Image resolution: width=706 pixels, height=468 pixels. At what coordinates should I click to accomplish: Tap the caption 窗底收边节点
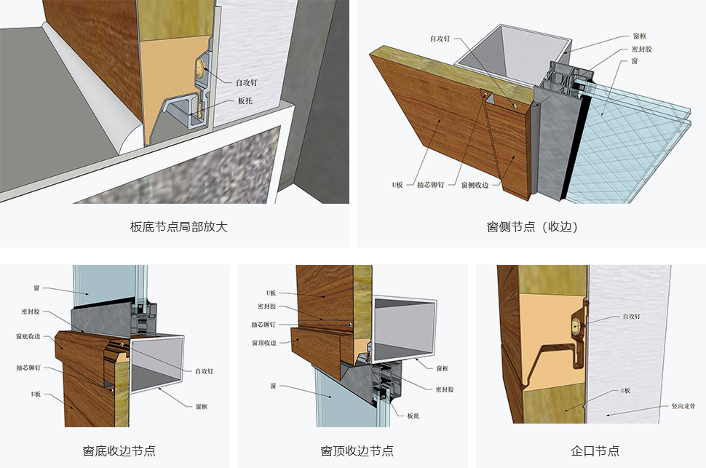coord(119,451)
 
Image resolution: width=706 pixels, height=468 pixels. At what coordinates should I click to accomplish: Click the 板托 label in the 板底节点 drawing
coord(245,101)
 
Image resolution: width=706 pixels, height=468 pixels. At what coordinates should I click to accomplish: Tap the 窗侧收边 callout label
coord(474,185)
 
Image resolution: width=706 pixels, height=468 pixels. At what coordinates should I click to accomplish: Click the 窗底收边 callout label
coord(28,336)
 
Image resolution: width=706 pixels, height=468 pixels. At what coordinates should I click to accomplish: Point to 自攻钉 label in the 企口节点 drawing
coord(632,317)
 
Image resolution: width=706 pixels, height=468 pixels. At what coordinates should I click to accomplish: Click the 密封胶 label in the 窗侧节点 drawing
coord(640,49)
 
